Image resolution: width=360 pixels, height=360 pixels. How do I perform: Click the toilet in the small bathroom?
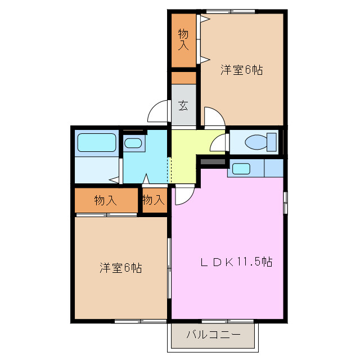coord(256,141)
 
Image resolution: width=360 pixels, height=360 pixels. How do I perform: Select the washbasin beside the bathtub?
coord(133,143)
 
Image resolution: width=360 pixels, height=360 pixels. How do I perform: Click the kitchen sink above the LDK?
coord(241,168)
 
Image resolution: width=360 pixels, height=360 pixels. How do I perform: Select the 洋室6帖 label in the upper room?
coord(241,70)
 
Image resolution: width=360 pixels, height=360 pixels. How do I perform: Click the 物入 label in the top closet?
coord(183,39)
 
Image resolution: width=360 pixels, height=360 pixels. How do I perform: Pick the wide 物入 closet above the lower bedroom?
coord(106,200)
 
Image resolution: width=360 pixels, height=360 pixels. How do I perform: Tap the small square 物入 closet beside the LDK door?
coord(154,200)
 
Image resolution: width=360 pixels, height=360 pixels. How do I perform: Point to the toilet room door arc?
coord(218,143)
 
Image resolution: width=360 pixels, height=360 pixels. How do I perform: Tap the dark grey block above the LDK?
coord(212,163)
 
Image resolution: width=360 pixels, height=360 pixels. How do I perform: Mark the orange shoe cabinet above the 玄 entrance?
coord(183,78)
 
